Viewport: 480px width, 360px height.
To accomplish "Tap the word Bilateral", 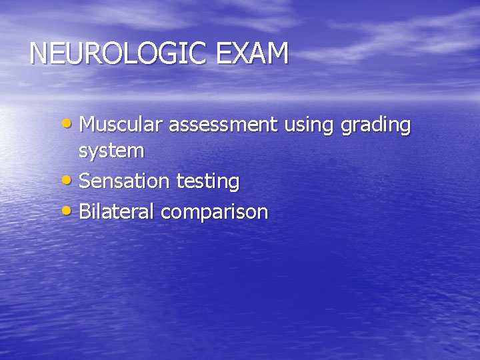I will pos(116,212).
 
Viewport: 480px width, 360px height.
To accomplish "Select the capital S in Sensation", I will pos(85,181).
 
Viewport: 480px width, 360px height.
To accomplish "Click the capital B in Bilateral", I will pos(85,212).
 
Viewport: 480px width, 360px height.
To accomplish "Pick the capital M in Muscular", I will pos(87,125).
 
